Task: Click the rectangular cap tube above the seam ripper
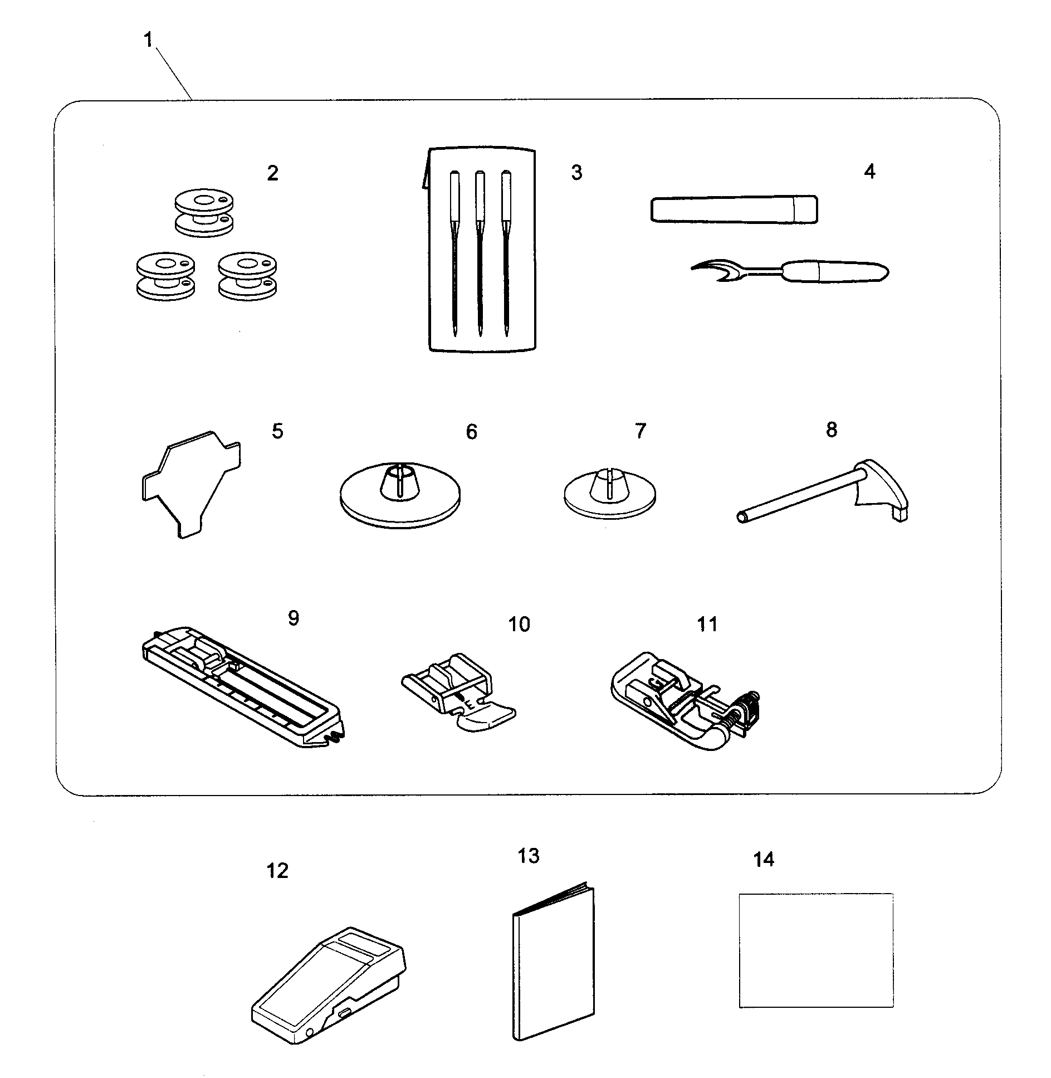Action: [x=734, y=209]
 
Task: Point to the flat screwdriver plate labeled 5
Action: [x=188, y=482]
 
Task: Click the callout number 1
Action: [x=148, y=40]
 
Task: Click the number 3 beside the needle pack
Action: [x=576, y=173]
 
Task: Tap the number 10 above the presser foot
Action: [x=519, y=624]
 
